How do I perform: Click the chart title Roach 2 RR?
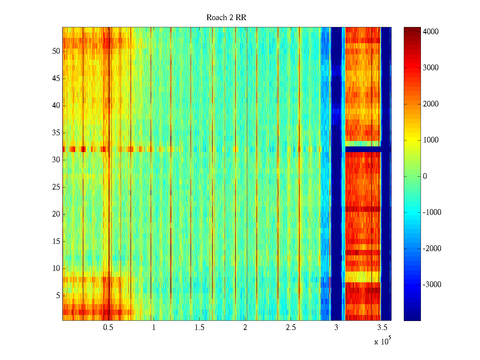tap(226, 18)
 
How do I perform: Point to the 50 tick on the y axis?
tap(56, 51)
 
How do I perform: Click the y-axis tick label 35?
tap(56, 133)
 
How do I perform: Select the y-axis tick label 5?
tap(58, 296)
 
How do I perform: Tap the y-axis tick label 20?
tap(56, 214)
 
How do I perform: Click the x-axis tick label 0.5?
tap(108, 328)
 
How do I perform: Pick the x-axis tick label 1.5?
tap(199, 328)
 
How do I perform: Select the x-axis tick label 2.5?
tap(291, 328)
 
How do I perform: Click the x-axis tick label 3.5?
tap(382, 328)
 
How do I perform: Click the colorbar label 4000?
tap(430, 32)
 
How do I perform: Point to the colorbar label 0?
tap(425, 176)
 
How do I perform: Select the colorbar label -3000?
tap(432, 285)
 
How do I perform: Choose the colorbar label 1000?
tap(430, 140)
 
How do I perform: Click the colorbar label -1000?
tap(432, 212)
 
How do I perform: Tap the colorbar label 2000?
tap(430, 104)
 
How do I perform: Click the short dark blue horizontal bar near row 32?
tap(363, 149)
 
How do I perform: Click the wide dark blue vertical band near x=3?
tap(336, 174)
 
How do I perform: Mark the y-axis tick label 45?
tap(56, 79)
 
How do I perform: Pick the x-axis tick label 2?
tap(245, 328)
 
